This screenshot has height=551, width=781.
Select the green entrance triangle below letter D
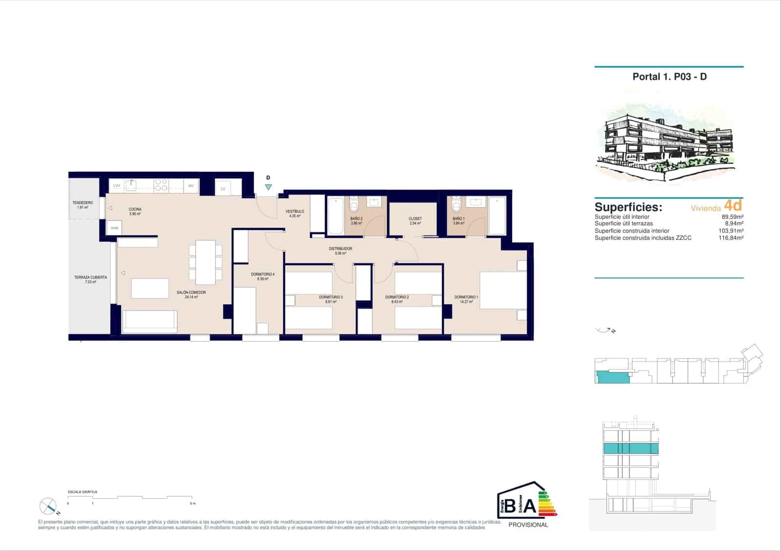[268, 187]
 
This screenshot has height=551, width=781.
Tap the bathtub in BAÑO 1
[497, 216]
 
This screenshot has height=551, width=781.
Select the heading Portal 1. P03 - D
[669, 77]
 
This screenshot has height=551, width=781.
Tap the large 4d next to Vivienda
[733, 205]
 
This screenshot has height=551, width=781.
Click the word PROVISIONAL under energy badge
[528, 525]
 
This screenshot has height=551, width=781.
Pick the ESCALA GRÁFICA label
[82, 492]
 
